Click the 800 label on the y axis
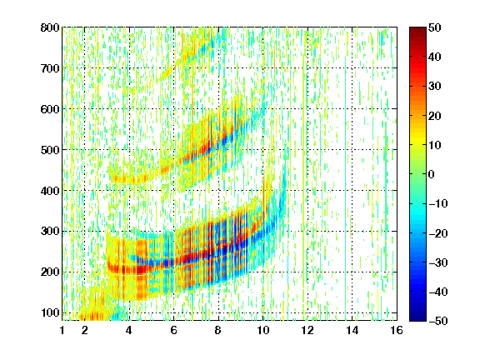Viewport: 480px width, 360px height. coord(50,27)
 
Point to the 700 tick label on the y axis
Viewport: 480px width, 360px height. coord(50,68)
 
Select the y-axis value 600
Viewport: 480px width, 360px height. coord(50,109)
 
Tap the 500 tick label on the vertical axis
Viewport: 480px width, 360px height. coord(50,150)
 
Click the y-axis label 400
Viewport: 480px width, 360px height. coord(50,191)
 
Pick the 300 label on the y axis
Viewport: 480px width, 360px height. coord(50,231)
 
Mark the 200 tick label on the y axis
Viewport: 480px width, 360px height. coord(50,272)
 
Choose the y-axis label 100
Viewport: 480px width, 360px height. coord(50,312)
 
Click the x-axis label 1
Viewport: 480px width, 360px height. coord(62,330)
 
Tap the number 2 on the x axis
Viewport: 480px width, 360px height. coord(85,330)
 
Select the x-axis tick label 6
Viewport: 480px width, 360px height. coord(174,330)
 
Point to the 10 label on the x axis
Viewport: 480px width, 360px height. coord(263,330)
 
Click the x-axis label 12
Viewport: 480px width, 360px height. coord(307,330)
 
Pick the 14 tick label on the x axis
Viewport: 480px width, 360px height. coord(352,330)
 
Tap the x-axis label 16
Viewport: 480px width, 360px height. coord(397,330)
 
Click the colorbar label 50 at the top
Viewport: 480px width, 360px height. coord(435,27)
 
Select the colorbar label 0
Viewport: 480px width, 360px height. coord(432,174)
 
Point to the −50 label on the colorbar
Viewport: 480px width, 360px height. coord(438,321)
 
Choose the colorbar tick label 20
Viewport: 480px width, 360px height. coord(435,116)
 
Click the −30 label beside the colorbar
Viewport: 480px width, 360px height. coord(438,262)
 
